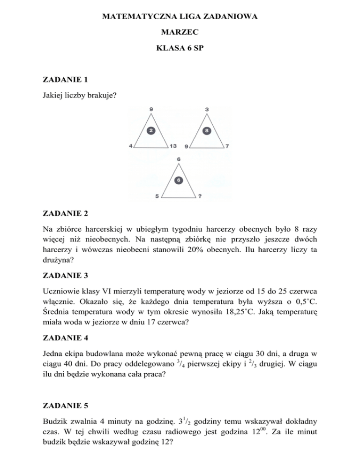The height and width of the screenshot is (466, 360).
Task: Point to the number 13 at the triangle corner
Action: (x=173, y=146)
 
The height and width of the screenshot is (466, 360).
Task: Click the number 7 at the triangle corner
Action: (x=227, y=146)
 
